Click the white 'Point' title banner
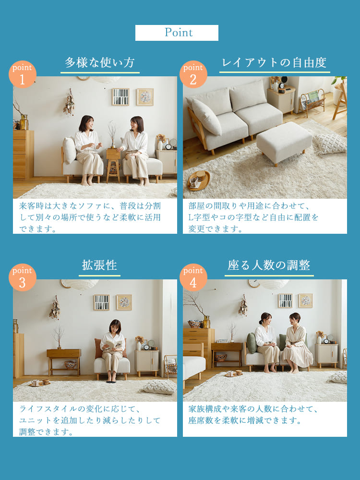[x=177, y=33]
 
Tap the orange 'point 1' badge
[x=22, y=74]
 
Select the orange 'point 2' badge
[x=193, y=74]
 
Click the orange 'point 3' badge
[x=22, y=277]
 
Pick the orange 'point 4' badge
[x=193, y=277]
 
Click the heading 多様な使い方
[x=100, y=63]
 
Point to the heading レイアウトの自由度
[x=274, y=63]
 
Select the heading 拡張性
[x=99, y=265]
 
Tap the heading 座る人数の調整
[x=269, y=265]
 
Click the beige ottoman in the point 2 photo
[x=284, y=141]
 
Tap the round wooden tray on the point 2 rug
[x=199, y=180]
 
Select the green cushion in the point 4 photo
[x=252, y=343]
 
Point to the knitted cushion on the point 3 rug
[x=160, y=386]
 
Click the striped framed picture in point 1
[x=120, y=97]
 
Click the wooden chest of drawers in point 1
[x=24, y=154]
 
